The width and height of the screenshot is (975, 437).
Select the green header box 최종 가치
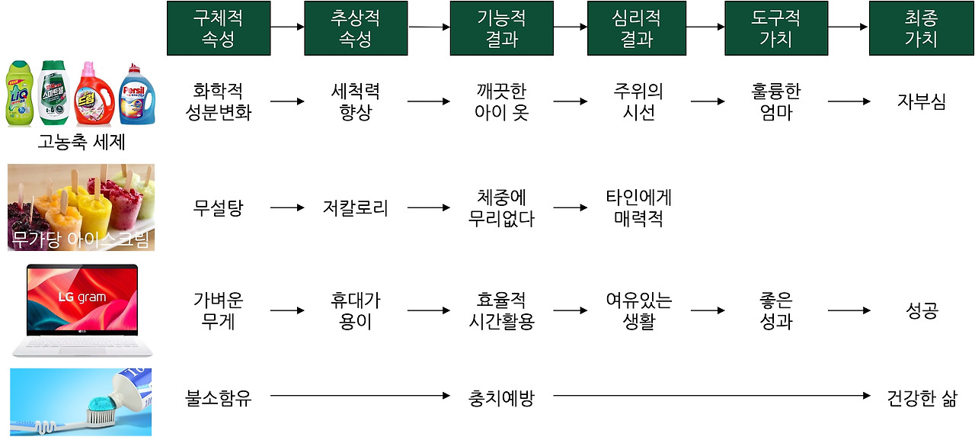pos(921,28)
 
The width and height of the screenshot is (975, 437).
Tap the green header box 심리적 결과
pos(638,28)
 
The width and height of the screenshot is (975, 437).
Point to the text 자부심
pos(921,101)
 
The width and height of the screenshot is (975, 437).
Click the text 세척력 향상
pos(355,101)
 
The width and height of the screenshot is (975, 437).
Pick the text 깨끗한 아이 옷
pos(500,101)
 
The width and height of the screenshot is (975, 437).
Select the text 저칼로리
pos(355,207)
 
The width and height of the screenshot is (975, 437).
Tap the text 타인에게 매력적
pos(638,207)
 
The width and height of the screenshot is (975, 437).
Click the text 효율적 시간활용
pos(500,310)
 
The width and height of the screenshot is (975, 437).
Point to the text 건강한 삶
pos(921,397)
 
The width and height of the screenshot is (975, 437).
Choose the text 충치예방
pos(500,397)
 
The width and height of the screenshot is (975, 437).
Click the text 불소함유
pos(218,397)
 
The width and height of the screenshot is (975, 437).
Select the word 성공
pos(921,310)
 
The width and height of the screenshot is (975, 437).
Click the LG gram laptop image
pos(82,309)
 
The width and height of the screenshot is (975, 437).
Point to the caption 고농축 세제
pos(82,142)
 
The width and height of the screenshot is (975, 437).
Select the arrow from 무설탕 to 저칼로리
pos(286,207)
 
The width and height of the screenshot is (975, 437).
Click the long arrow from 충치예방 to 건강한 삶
pos(711,396)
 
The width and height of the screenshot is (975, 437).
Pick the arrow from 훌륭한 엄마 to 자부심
pos(849,101)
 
